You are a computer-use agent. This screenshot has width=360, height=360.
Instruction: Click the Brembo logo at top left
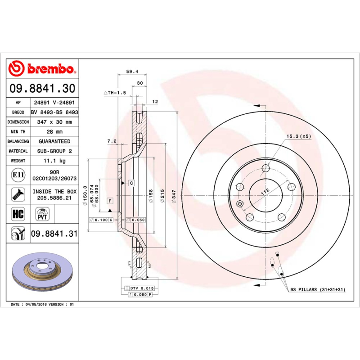pyautogui.click(x=41, y=69)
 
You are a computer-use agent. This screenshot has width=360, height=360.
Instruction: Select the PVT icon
pyautogui.click(x=42, y=213)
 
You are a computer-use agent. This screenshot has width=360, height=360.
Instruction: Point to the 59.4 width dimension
pyautogui.click(x=131, y=71)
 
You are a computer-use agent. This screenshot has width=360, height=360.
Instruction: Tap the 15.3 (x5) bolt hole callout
pyautogui.click(x=299, y=135)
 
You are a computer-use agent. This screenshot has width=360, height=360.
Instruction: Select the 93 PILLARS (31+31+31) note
pyautogui.click(x=318, y=289)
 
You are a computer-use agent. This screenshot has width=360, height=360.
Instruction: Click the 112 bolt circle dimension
pyautogui.click(x=265, y=191)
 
